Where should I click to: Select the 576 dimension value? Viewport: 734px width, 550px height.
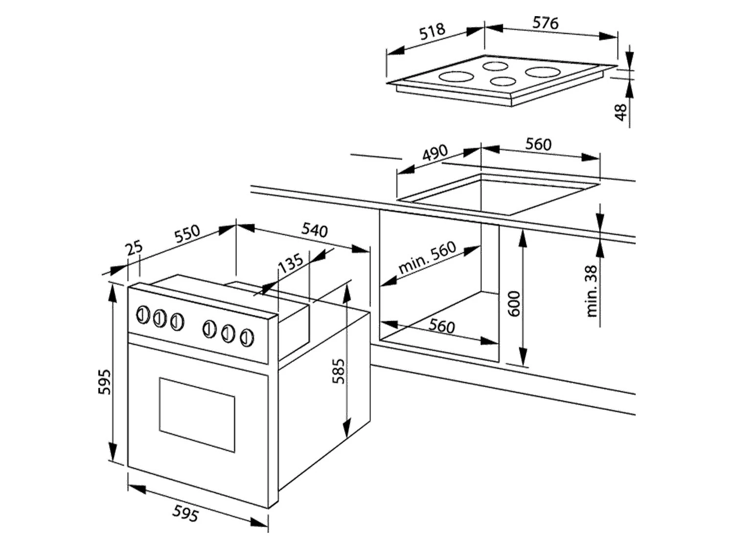545,22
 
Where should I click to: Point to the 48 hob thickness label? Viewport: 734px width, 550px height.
620,112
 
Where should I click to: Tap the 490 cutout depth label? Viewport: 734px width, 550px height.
435,153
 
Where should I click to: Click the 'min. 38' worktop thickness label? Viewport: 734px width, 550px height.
592,291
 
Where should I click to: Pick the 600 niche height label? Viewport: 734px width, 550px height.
514,303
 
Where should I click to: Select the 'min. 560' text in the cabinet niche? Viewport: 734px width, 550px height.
427,258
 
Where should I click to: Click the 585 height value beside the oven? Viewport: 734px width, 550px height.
339,371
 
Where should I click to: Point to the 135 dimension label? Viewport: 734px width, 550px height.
291,264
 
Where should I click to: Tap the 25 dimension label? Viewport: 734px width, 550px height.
134,248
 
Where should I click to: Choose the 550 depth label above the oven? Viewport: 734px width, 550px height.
187,233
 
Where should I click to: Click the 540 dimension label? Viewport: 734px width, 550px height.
314,229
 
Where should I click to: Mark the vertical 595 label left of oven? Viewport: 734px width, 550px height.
104,381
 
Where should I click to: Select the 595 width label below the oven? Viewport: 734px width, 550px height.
185,513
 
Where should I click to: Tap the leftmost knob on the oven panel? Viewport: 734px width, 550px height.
142,315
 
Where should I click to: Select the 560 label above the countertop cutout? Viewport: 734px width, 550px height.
538,144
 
